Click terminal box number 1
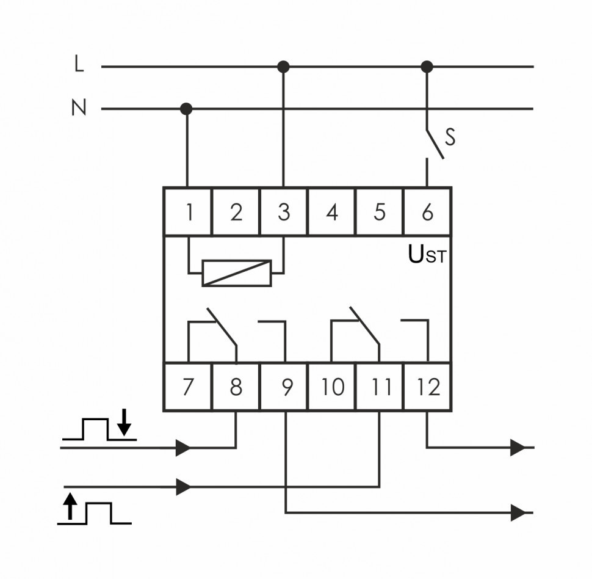[188, 212]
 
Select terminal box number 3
[284, 212]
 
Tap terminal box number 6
[427, 212]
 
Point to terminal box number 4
[331, 212]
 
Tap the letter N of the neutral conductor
[79, 109]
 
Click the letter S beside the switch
[450, 137]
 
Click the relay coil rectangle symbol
[236, 273]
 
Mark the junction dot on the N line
[187, 109]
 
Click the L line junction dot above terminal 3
[283, 66]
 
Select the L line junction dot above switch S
[427, 66]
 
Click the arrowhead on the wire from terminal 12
[518, 448]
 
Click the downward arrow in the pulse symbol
[124, 424]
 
